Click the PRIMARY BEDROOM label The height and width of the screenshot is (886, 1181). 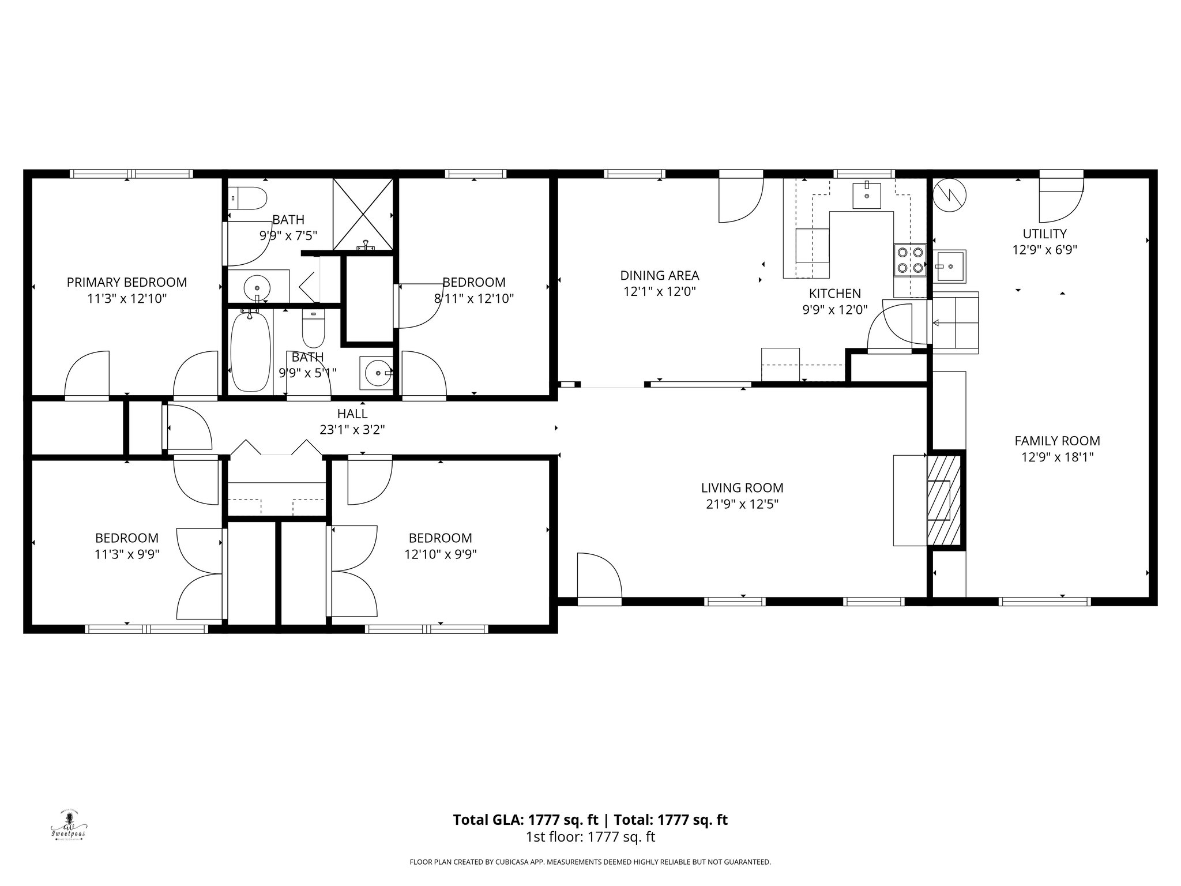click(127, 283)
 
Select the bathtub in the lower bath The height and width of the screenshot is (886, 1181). click(251, 352)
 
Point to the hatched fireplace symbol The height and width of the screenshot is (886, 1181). click(944, 500)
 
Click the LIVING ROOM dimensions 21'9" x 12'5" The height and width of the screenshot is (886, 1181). click(742, 504)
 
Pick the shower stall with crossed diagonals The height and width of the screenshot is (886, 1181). click(363, 214)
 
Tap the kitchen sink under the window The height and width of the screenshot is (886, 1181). click(867, 195)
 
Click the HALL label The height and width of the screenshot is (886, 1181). click(352, 414)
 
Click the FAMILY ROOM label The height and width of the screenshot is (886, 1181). click(1057, 441)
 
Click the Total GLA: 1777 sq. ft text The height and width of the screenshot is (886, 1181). click(528, 820)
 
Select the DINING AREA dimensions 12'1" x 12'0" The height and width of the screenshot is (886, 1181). click(659, 292)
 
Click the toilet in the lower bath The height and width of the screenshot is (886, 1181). click(314, 326)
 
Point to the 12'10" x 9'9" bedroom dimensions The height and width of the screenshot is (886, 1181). click(440, 554)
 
